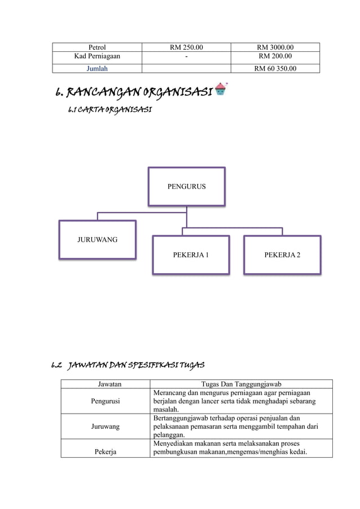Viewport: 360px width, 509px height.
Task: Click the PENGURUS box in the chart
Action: (x=186, y=186)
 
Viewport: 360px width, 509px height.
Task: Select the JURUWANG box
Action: (x=98, y=239)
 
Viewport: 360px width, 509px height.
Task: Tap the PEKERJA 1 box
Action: (x=191, y=255)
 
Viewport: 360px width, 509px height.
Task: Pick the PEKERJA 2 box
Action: (x=282, y=255)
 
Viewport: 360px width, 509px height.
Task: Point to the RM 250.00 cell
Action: (x=187, y=47)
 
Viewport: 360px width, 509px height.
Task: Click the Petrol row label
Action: (x=97, y=47)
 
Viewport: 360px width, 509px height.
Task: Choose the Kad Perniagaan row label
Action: (x=97, y=57)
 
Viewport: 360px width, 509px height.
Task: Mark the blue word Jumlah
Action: (x=97, y=69)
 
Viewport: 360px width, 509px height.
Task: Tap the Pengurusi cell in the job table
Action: (x=106, y=401)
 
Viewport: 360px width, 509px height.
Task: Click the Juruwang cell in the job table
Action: (x=106, y=427)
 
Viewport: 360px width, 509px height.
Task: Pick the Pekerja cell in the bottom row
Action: (x=106, y=451)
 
